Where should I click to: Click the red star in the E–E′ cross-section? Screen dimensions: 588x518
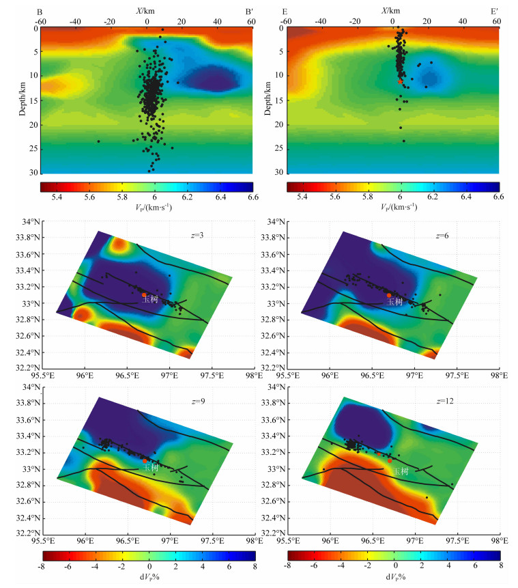[x=401, y=81]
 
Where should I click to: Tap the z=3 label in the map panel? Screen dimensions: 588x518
[x=198, y=236]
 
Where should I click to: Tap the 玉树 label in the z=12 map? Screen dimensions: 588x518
[x=401, y=471]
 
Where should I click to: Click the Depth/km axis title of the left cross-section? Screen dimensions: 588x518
[x=23, y=96]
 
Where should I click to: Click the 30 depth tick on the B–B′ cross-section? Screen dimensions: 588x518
[x=31, y=173]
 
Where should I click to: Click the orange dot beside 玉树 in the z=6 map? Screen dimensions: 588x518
[x=389, y=295]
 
